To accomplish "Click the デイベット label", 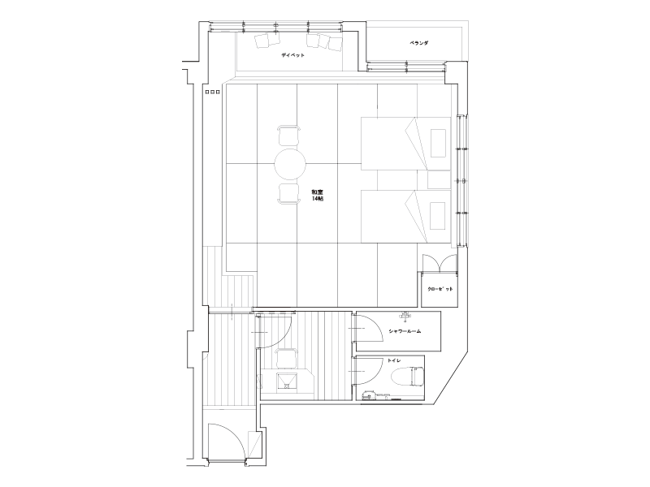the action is [x=292, y=55].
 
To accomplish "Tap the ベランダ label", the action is [x=418, y=43].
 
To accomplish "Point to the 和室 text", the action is [x=318, y=192].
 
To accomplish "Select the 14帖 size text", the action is [x=318, y=199].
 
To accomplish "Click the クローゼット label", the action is [x=440, y=289].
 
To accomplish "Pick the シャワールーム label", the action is [x=405, y=331].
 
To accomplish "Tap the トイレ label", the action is [x=394, y=360].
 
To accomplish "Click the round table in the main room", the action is [x=290, y=165].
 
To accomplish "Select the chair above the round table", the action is [x=288, y=136].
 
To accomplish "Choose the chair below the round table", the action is [x=288, y=193].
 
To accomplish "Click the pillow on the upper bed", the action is [x=438, y=144].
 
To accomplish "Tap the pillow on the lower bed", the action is [x=438, y=216].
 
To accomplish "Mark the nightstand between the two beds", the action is [x=439, y=179].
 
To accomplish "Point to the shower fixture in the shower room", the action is [x=405, y=316].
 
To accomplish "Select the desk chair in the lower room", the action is [x=286, y=358].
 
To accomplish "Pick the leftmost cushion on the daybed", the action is [x=262, y=41].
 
